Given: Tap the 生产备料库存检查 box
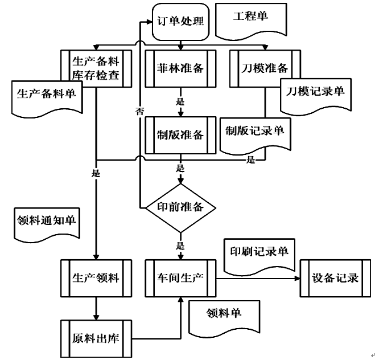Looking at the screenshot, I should pyautogui.click(x=96, y=68).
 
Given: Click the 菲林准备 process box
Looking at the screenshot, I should pyautogui.click(x=180, y=68).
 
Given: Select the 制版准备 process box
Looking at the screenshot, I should pyautogui.click(x=180, y=134).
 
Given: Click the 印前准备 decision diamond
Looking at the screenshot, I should pyautogui.click(x=180, y=207).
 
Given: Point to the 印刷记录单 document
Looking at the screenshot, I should pyautogui.click(x=259, y=252).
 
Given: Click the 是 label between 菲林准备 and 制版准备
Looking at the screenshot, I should pyautogui.click(x=180, y=103).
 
